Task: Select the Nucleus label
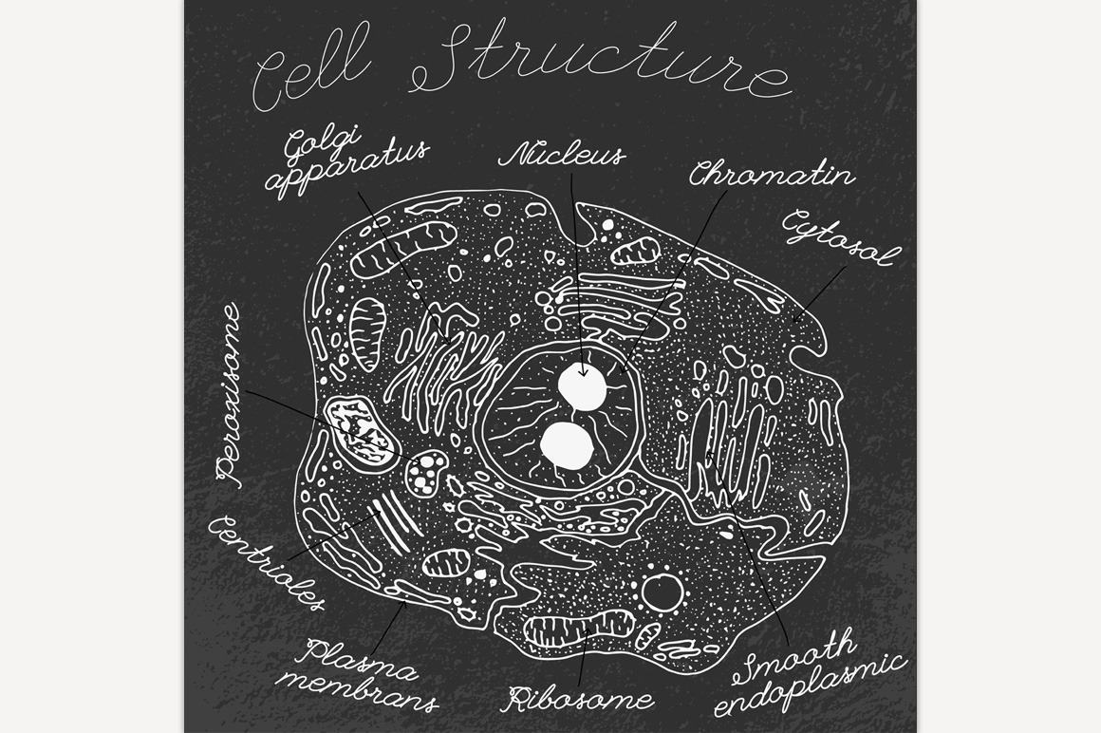(562, 156)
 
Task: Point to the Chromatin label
(771, 175)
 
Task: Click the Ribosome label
(578, 700)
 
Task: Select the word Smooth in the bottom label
(798, 656)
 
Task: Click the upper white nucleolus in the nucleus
(582, 387)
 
